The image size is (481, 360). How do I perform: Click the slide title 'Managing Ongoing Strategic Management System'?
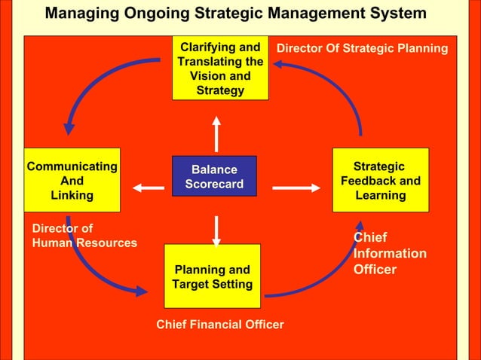coord(235,14)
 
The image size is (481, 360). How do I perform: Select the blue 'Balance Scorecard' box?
coord(214,176)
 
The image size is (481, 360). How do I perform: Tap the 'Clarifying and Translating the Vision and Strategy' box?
coord(220,69)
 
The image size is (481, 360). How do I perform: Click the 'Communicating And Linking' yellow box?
coord(72,180)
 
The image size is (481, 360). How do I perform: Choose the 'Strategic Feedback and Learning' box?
coord(380,180)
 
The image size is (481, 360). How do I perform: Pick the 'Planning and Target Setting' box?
coord(212,276)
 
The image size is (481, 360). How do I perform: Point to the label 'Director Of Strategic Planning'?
coord(362,48)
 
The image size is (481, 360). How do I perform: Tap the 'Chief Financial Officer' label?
coord(219,324)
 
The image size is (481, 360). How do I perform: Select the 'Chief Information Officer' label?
coord(390,254)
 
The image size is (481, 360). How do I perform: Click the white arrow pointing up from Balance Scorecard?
coord(216,133)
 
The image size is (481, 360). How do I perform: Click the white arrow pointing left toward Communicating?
coord(149,188)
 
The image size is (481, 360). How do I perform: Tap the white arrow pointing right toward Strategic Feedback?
coord(296,188)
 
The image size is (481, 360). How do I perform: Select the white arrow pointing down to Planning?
coord(216,230)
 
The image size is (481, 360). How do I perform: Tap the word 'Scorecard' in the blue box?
coord(214,185)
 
